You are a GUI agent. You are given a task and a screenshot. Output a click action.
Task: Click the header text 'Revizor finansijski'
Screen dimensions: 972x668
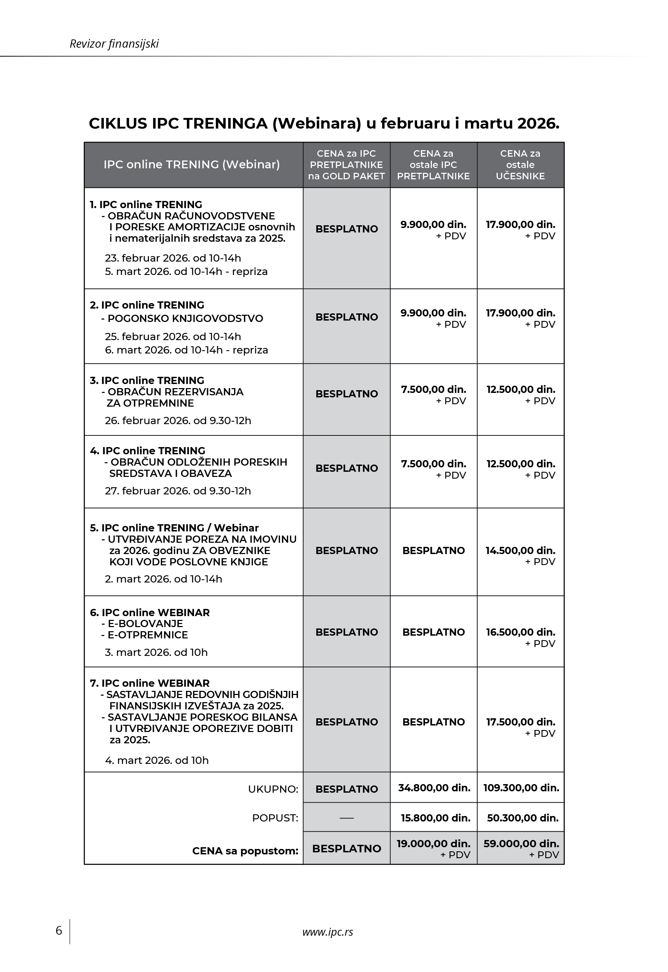114,44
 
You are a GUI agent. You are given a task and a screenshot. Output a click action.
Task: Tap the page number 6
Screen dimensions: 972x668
59,930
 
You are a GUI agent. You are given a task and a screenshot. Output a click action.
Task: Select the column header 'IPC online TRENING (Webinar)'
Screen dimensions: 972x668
192,165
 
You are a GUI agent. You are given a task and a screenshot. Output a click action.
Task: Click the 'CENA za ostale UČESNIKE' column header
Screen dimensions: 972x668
520,165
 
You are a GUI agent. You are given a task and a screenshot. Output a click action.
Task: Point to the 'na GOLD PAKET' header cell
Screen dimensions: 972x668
346,176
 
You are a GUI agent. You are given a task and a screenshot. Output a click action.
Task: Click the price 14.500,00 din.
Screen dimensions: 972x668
520,551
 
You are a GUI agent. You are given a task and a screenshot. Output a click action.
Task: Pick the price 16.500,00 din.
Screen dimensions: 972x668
520,632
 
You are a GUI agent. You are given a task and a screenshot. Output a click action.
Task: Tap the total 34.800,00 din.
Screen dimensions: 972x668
434,788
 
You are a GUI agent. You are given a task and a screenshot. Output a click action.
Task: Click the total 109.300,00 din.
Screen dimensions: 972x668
521,788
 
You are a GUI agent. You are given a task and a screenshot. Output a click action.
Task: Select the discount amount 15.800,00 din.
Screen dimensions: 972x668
435,818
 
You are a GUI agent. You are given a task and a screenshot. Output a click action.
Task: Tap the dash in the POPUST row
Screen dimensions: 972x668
347,818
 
